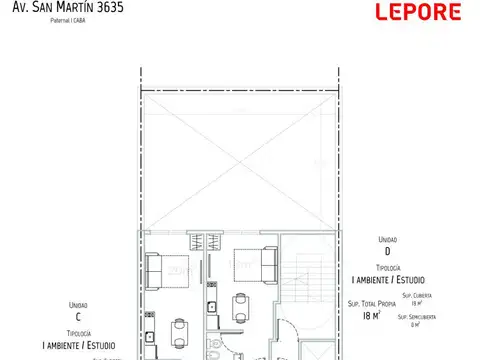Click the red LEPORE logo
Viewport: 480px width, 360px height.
coord(416,13)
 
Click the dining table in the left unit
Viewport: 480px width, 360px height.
coord(178,332)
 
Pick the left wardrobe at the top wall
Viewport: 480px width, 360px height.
coord(198,241)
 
